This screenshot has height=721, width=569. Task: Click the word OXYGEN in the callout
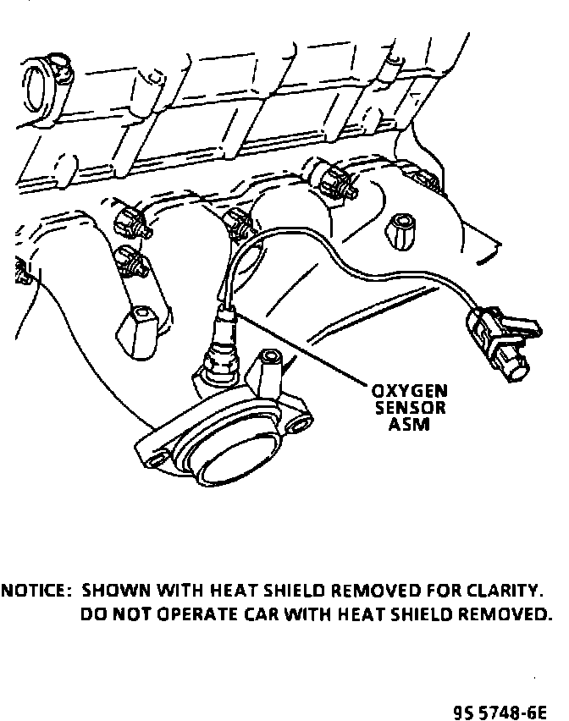click(410, 392)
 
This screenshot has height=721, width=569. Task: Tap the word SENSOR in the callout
click(410, 408)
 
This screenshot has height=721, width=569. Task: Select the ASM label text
click(410, 424)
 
